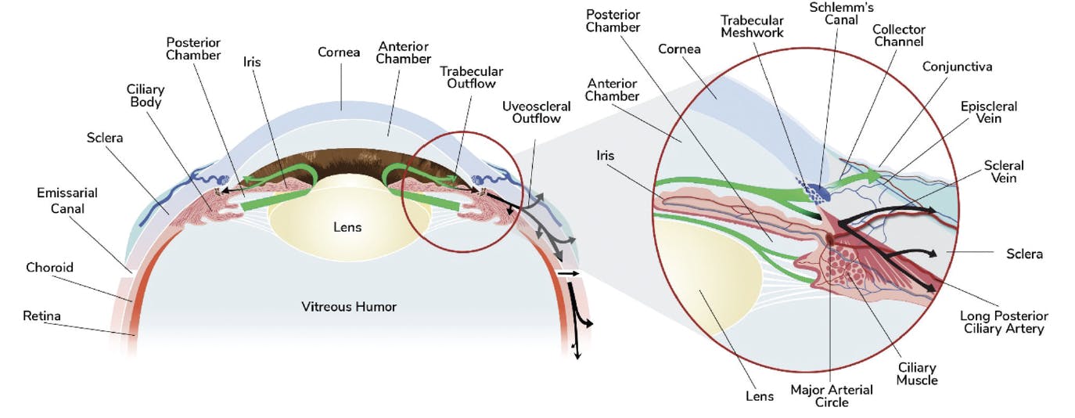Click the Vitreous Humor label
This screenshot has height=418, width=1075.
coord(349,307)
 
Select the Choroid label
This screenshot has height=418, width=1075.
coord(49,268)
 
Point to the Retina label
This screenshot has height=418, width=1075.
coord(41,316)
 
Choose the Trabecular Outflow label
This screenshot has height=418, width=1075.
coord(471,77)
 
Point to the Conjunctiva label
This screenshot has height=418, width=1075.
coord(957,67)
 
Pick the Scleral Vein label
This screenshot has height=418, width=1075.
coord(1004,172)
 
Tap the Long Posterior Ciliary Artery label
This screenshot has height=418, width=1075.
coord(1004,323)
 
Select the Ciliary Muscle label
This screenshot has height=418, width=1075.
coord(917,374)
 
